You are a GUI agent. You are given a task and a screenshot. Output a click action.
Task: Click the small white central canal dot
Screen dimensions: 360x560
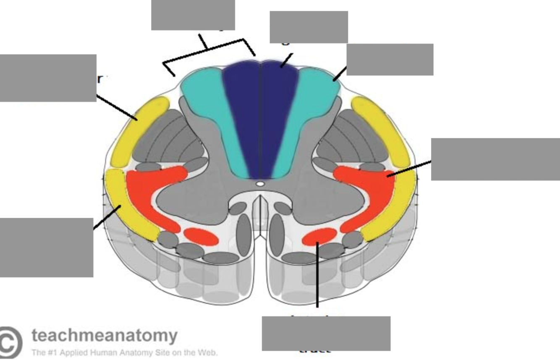click(x=260, y=184)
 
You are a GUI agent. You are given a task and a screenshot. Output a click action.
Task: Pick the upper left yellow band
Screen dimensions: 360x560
click(x=139, y=130)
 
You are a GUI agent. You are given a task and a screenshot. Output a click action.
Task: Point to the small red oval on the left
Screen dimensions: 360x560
click(x=201, y=236)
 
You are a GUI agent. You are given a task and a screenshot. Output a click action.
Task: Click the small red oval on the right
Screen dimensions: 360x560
click(x=319, y=236)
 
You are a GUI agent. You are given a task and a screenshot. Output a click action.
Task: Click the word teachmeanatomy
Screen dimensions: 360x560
click(x=105, y=335)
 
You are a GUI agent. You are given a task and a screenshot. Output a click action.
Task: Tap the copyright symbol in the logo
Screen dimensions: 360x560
click(x=10, y=342)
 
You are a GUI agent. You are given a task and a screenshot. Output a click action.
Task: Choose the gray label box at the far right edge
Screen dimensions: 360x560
click(x=495, y=159)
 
